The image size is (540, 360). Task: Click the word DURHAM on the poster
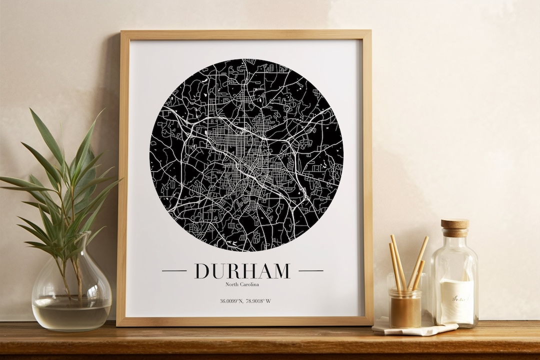point(242,271)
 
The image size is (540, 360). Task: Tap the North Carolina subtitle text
point(242,284)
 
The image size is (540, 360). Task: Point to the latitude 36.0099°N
point(231,301)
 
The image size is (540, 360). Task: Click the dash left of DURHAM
point(174,271)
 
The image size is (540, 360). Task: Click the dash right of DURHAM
point(310,271)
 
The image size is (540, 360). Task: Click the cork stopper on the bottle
point(455,227)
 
